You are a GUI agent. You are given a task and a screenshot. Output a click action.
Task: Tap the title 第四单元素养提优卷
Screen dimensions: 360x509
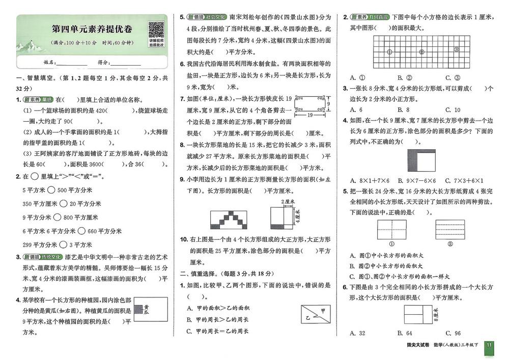click(91, 29)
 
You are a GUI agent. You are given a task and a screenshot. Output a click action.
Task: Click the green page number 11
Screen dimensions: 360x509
click(489, 346)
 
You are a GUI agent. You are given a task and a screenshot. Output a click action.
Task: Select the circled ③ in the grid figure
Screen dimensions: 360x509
click(456, 50)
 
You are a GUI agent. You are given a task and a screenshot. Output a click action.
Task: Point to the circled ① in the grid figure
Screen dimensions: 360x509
click(390, 51)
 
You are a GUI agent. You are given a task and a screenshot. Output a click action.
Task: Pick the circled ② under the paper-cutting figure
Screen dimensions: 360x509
click(449, 243)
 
